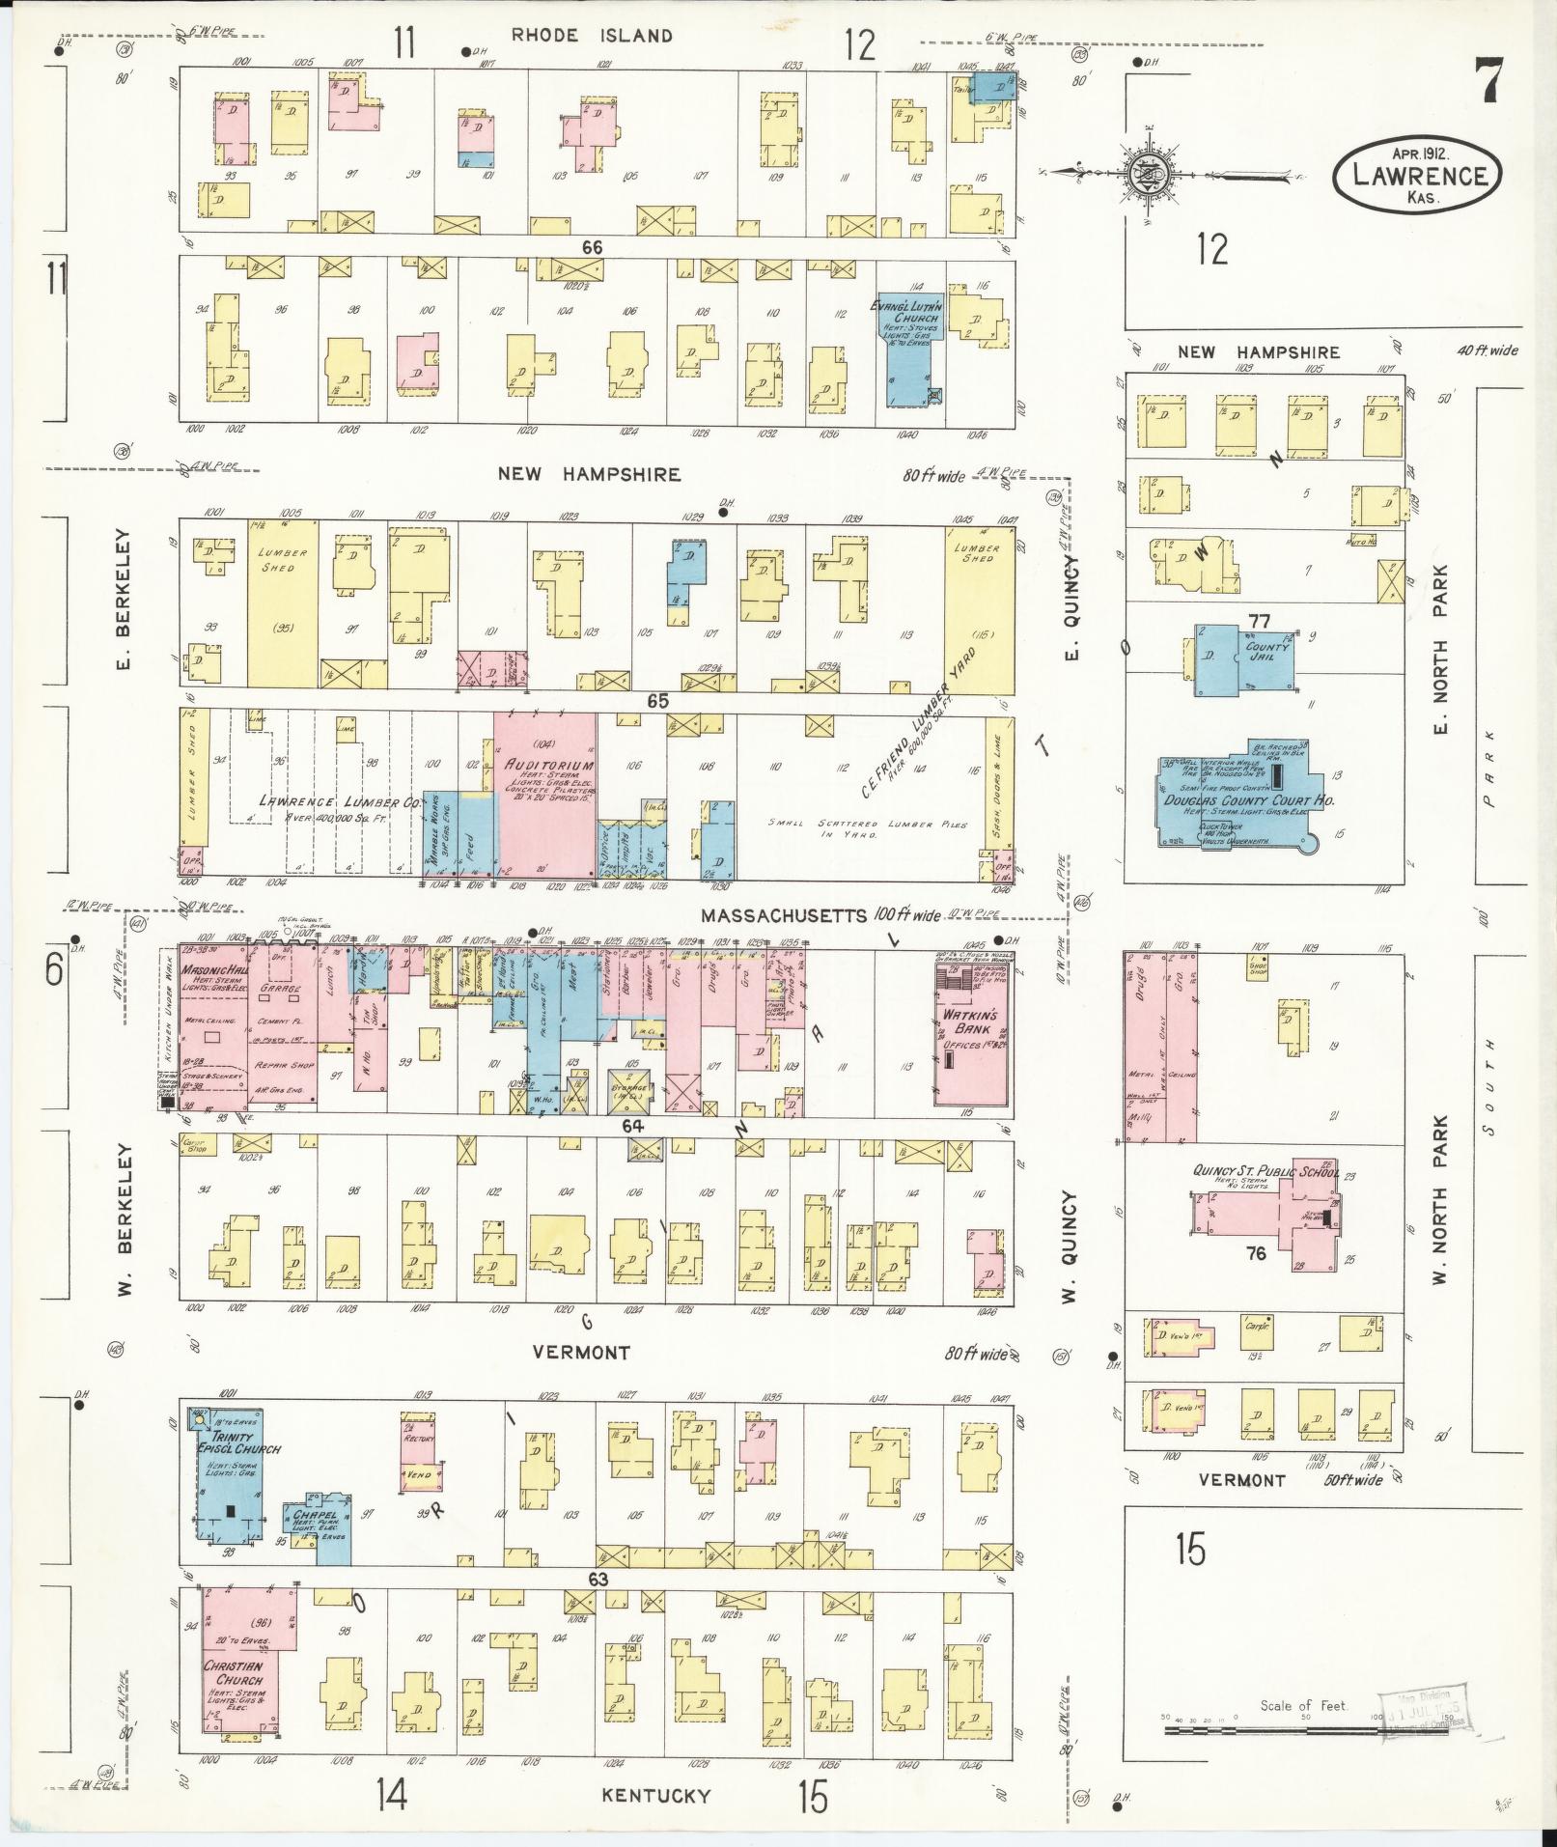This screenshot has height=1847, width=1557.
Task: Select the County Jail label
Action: (x=1266, y=651)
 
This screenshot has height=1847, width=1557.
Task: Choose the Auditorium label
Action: (x=545, y=764)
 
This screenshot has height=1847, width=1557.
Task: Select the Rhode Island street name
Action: (x=591, y=36)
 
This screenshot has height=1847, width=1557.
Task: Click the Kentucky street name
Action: (x=656, y=1795)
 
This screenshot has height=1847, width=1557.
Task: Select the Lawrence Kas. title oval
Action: (x=1417, y=174)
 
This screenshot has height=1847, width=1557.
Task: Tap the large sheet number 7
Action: (x=1487, y=81)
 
